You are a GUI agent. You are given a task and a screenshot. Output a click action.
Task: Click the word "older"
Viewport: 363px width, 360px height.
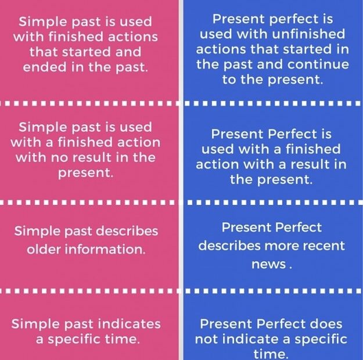point(46,250)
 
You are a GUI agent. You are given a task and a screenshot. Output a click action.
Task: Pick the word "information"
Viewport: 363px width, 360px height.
point(105,250)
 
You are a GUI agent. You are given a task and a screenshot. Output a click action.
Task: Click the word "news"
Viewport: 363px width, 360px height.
point(268,264)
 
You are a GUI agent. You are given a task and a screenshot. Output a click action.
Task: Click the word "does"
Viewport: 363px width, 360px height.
point(326,324)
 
